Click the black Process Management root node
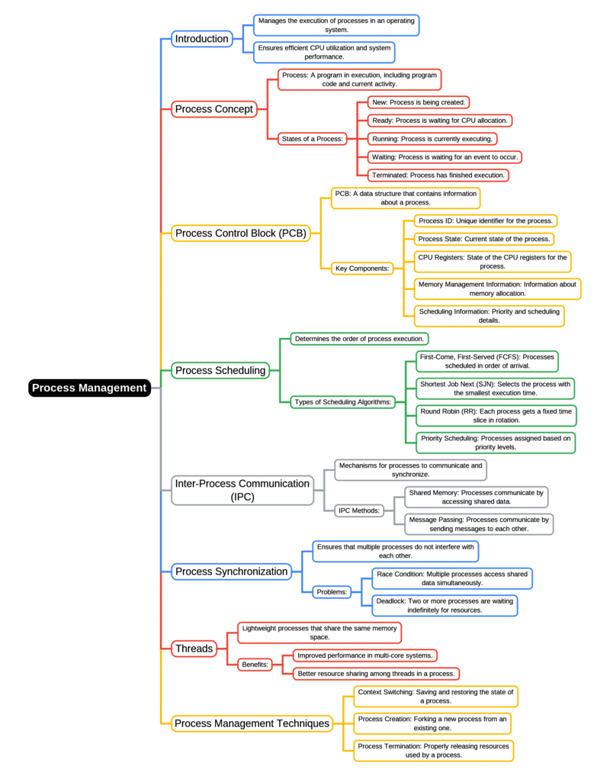[89, 388]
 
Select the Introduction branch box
[201, 39]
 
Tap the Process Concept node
[213, 109]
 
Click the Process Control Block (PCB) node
[241, 233]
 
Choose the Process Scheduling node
[220, 371]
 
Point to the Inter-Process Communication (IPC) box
[242, 490]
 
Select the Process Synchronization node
[232, 571]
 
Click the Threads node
[194, 649]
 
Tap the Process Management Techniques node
[252, 723]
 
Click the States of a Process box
[313, 139]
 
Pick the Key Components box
[363, 268]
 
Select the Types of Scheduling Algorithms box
[343, 402]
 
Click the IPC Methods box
[358, 510]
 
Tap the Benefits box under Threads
[255, 665]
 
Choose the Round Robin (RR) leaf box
[496, 415]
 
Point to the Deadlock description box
[444, 605]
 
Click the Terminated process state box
[438, 175]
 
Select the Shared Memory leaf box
[476, 497]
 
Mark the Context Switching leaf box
[435, 696]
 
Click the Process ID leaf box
[485, 221]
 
